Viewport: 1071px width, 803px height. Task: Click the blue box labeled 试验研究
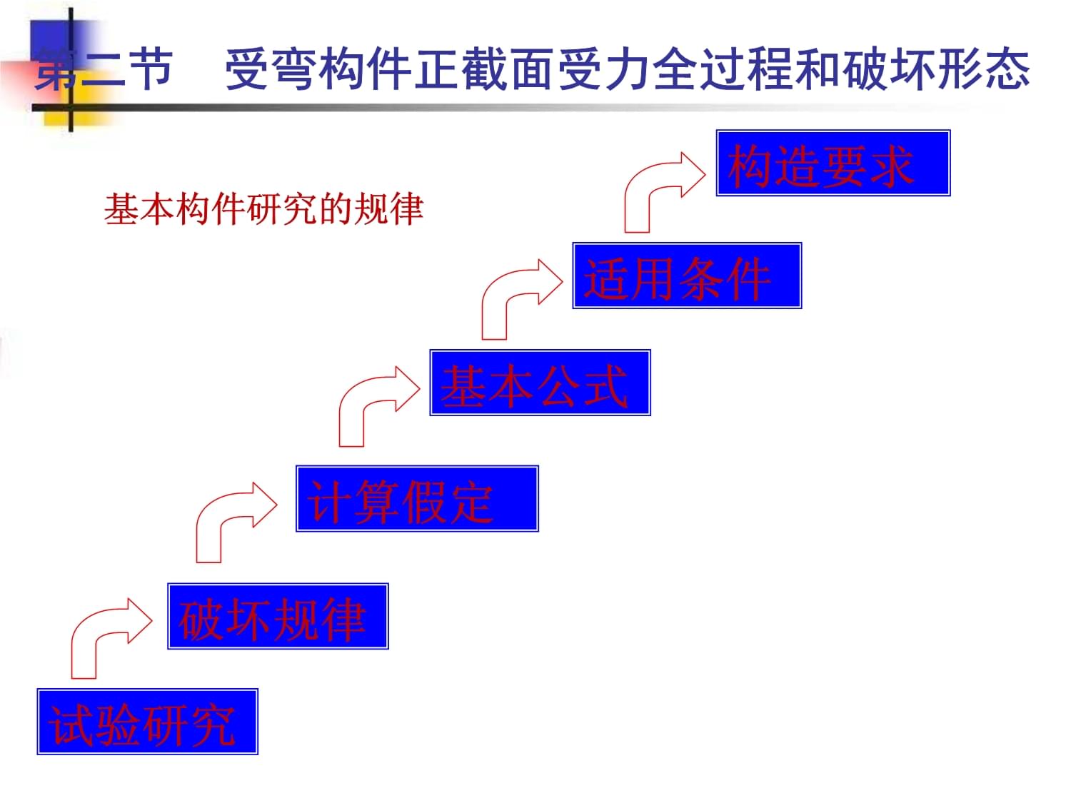pos(147,721)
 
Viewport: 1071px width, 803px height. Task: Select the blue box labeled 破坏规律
pos(278,616)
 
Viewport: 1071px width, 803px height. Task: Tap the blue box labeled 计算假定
pos(417,498)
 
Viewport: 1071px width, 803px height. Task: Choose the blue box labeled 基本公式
pos(540,383)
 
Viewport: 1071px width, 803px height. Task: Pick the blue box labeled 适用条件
pos(687,276)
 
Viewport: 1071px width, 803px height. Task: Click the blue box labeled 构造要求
pos(833,163)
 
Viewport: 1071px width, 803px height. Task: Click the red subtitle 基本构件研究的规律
pos(263,208)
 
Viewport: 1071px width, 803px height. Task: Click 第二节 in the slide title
pos(104,69)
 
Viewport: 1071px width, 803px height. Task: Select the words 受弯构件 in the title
pos(318,69)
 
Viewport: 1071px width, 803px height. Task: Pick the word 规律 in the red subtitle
pos(388,208)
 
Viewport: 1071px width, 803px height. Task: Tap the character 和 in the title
pos(818,69)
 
